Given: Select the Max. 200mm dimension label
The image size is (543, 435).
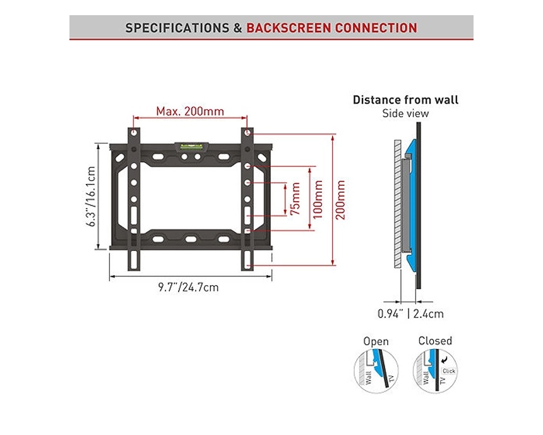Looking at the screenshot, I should pyautogui.click(x=190, y=111).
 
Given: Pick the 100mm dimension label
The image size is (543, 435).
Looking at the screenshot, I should pyautogui.click(x=318, y=199).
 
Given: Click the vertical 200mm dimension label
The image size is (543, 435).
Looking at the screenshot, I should pyautogui.click(x=341, y=199).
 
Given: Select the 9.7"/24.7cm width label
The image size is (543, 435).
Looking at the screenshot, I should pyautogui.click(x=188, y=287).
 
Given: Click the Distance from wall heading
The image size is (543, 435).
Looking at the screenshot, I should pyautogui.click(x=405, y=100).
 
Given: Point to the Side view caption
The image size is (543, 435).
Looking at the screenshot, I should pyautogui.click(x=405, y=114).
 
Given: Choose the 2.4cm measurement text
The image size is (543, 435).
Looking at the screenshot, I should pyautogui.click(x=428, y=314).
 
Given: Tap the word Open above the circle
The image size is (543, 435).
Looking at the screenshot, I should pyautogui.click(x=376, y=341).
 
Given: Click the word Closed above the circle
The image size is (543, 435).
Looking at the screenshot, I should pyautogui.click(x=435, y=341).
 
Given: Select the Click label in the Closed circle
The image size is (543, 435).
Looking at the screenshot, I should pyautogui.click(x=448, y=371).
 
